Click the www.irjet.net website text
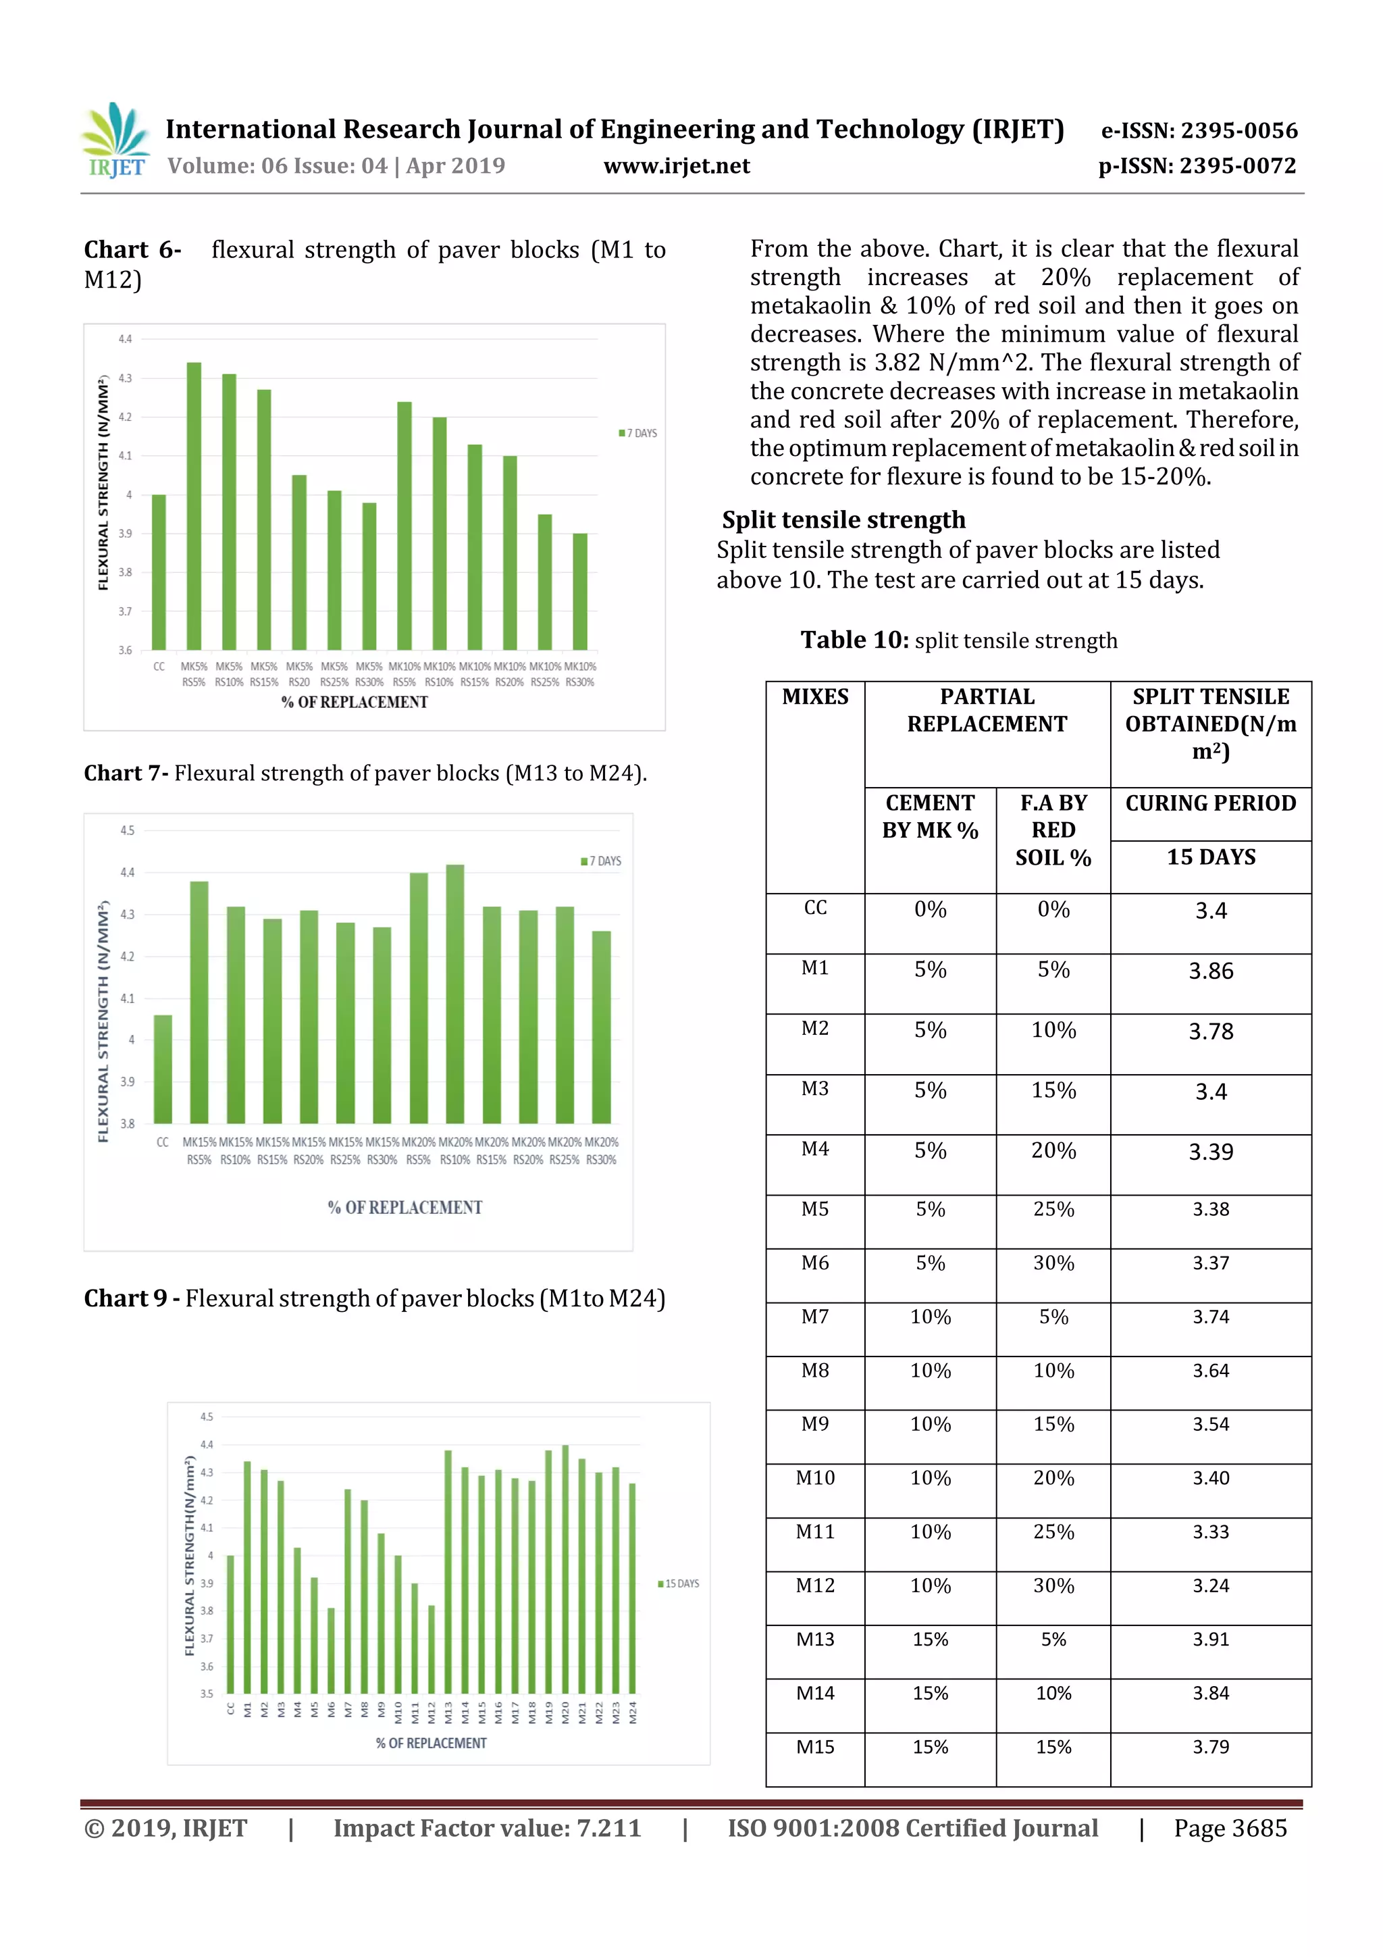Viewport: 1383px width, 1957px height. pos(677,166)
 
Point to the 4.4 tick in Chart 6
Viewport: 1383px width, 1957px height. pos(125,339)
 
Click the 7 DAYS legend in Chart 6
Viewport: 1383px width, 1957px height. pos(637,433)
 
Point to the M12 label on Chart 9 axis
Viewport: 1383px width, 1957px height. pos(432,1712)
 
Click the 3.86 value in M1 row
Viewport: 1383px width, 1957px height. pos(1210,971)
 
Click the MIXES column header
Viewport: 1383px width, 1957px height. pos(814,697)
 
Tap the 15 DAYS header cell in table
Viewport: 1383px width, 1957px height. pos(1210,857)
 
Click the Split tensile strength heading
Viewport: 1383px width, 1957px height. pos(843,520)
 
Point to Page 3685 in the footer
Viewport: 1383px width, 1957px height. pos(1230,1827)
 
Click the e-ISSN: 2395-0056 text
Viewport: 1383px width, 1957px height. pos(1199,130)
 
